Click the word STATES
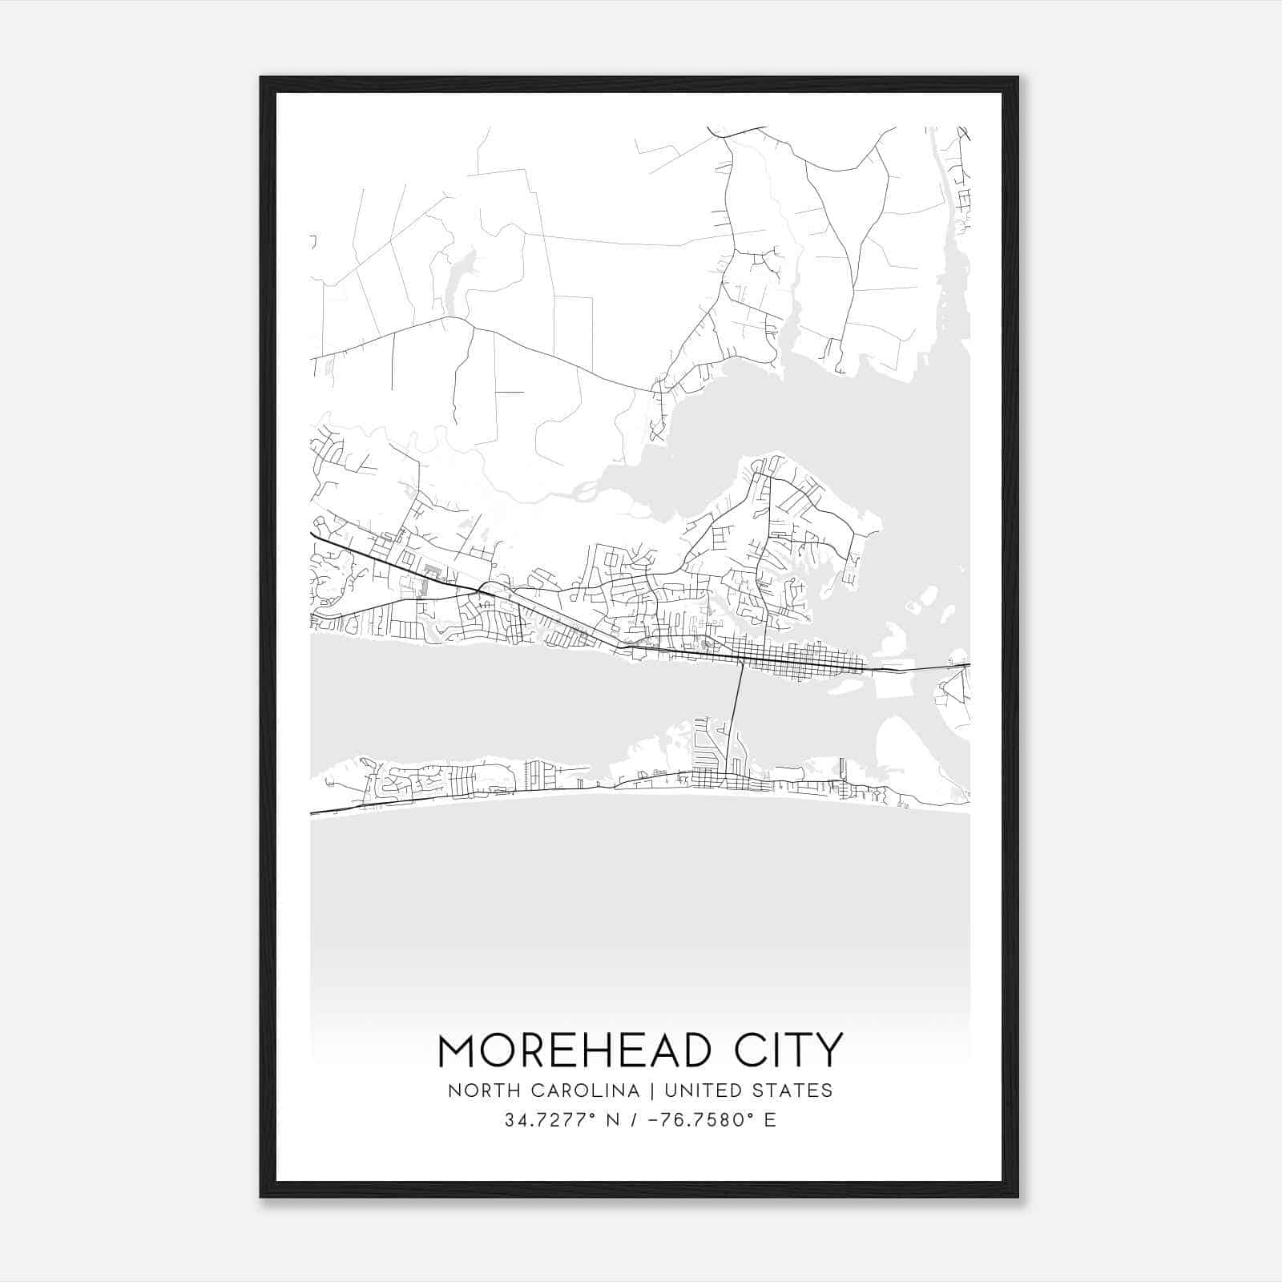(793, 1091)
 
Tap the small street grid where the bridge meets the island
(709, 777)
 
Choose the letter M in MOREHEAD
(459, 1050)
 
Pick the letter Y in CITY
(829, 1050)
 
